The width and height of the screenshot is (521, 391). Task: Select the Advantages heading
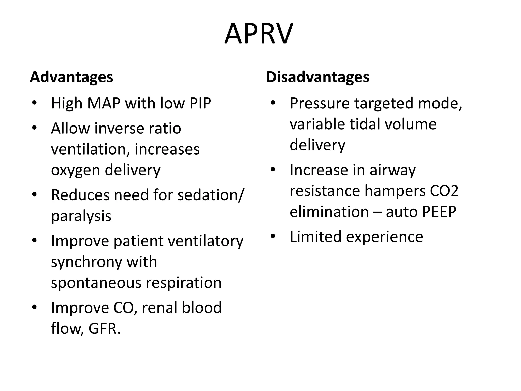tap(71, 77)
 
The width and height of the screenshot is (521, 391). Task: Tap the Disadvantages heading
tap(317, 77)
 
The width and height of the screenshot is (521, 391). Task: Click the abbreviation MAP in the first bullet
tap(104, 103)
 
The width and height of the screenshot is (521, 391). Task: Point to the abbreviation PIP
tap(200, 103)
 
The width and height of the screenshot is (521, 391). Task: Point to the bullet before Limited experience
tap(273, 236)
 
